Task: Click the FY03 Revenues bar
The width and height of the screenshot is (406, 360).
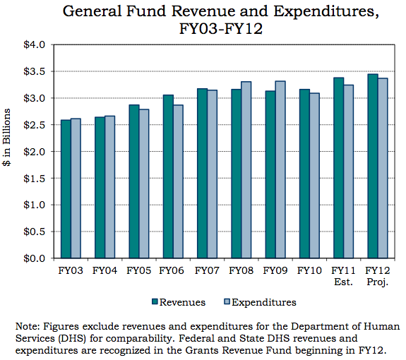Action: (x=66, y=189)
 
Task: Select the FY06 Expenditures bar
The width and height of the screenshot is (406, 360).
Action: (x=178, y=181)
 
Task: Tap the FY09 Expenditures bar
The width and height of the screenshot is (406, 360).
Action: (x=280, y=169)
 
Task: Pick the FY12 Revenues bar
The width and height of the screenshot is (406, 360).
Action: (x=373, y=166)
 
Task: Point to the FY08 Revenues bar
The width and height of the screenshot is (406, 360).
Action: (x=237, y=174)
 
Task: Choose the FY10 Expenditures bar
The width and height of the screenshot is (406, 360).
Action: (x=315, y=176)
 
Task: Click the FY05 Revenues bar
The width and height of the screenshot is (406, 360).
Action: (x=134, y=181)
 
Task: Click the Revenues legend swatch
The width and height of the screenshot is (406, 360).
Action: (x=155, y=302)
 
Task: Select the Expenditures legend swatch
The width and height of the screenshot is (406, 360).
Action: (x=227, y=302)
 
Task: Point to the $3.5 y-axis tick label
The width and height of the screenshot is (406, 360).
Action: (x=34, y=71)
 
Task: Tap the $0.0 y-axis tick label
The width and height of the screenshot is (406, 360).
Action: (x=34, y=258)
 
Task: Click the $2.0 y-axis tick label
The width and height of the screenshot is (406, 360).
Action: (x=34, y=152)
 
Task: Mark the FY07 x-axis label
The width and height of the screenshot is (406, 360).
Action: (x=207, y=271)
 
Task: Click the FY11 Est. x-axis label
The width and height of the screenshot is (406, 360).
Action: (x=343, y=276)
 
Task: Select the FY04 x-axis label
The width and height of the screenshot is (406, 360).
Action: (x=105, y=271)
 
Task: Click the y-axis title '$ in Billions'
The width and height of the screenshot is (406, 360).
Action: (x=6, y=138)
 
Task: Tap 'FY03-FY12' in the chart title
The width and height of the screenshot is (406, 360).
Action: (x=221, y=28)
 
